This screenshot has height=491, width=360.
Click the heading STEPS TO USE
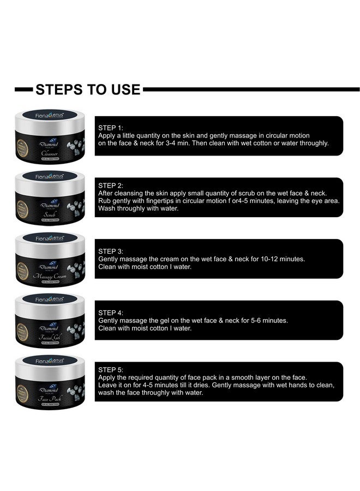[x=88, y=89]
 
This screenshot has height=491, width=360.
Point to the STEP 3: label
[x=111, y=251]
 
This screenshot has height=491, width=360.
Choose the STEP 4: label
[x=111, y=313]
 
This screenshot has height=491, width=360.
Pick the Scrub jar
[x=50, y=197]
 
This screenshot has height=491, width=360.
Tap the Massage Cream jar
[x=50, y=259]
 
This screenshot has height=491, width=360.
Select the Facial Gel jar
[x=50, y=320]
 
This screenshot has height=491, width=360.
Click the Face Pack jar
[x=50, y=381]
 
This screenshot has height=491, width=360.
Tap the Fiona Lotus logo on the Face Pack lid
[x=50, y=361]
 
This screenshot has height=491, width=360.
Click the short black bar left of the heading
[x=23, y=89]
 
